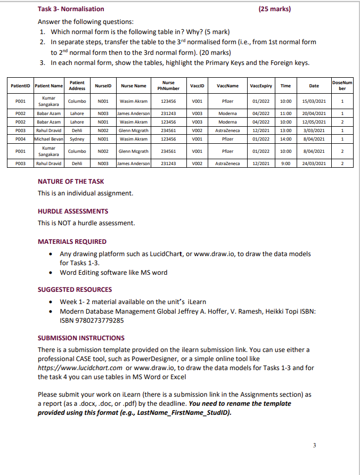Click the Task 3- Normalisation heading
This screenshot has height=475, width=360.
71,9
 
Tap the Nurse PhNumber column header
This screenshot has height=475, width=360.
168,86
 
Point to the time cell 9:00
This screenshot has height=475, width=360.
285,163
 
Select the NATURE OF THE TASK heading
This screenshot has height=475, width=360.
71,182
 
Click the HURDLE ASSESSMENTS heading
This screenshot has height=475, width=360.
72,211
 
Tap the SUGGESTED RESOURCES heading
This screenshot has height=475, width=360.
75,290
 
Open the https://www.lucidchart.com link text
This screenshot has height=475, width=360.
80,368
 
